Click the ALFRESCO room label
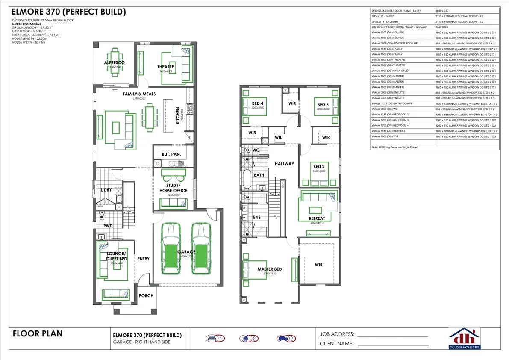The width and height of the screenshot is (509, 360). coord(114,63)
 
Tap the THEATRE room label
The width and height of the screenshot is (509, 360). coord(165,67)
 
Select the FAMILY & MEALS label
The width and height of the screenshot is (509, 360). coord(139,94)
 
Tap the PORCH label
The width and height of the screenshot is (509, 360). coord(146,295)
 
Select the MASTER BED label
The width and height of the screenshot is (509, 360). coord(269,269)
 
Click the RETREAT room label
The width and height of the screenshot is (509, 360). coord(317,218)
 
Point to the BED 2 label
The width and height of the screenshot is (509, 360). coord(319,166)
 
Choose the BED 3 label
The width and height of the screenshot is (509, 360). coord(323,105)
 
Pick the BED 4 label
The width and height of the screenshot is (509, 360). coord(258,103)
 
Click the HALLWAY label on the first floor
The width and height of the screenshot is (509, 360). coord(284,164)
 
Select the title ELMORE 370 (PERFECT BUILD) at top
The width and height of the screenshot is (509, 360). coord(68,12)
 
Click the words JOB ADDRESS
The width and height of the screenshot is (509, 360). coord(337,334)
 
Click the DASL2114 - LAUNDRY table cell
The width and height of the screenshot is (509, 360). coord(402,21)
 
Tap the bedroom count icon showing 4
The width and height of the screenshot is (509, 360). coord(215,339)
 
